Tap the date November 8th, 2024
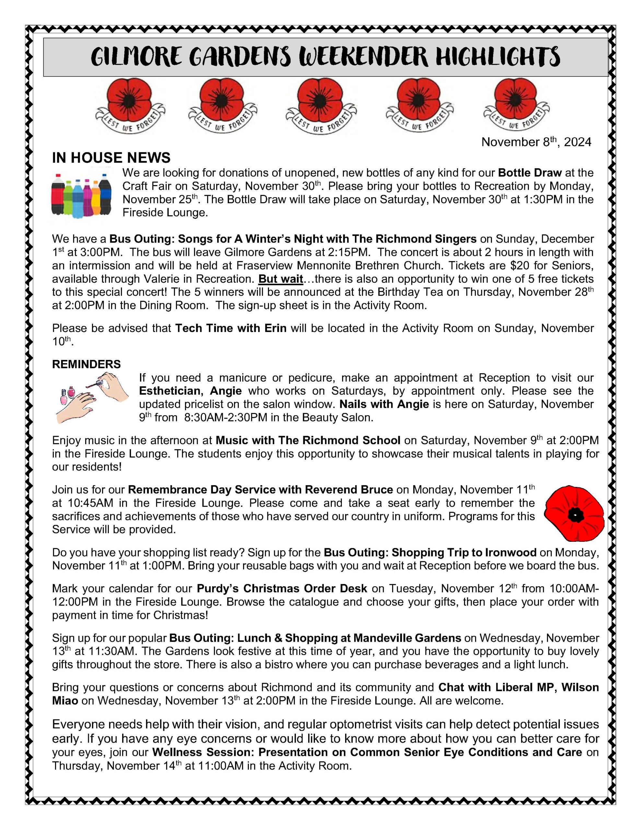point(536,142)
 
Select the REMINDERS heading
point(86,364)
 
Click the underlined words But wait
point(280,279)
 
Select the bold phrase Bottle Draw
point(529,173)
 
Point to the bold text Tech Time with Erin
point(231,328)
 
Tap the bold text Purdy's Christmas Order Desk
point(282,588)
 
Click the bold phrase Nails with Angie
point(384,404)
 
